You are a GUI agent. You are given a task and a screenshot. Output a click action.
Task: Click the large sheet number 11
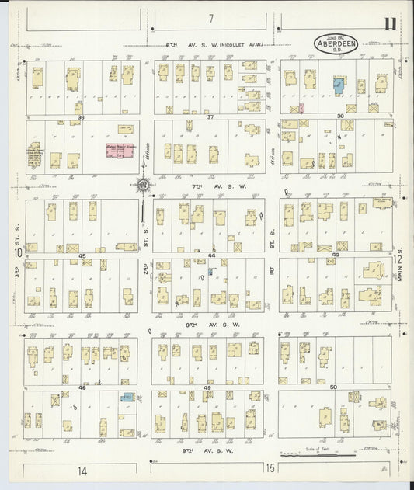coord(388,23)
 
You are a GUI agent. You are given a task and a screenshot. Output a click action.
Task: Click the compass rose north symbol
coord(143,185)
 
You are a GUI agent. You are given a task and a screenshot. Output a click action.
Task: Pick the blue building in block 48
coord(127,398)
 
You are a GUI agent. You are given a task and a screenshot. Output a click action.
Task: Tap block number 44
coord(211,255)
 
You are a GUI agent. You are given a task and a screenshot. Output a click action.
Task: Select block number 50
coord(334,386)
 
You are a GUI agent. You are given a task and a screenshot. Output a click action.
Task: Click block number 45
coord(81,255)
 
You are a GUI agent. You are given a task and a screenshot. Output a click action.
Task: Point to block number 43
coord(336,255)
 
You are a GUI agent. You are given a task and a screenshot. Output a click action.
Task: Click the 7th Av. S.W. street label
coord(210,187)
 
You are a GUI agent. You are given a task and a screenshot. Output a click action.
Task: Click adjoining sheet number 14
coord(82,470)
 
